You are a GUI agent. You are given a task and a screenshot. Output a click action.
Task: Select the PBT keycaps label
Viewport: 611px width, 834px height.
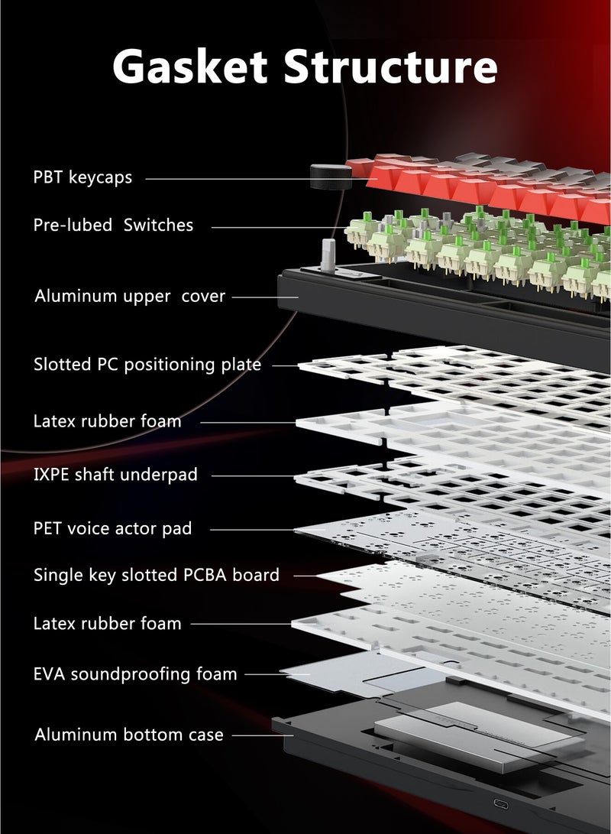[82, 177]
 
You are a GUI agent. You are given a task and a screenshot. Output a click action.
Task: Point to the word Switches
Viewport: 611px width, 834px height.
[158, 225]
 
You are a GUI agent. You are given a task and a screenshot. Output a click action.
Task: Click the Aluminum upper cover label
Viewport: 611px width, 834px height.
[130, 297]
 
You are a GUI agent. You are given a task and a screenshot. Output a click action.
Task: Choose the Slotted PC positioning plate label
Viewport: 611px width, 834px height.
[147, 365]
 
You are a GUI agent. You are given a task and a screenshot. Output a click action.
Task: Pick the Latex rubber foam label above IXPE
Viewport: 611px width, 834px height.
[108, 421]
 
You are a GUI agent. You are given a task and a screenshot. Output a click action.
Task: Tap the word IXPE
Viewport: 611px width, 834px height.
[51, 475]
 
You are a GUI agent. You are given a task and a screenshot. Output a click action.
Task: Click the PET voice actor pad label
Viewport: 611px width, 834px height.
[112, 529]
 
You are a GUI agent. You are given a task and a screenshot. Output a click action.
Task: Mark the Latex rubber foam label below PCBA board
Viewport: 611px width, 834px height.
[108, 623]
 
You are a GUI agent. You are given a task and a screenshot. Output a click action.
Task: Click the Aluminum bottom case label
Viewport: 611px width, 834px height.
[129, 735]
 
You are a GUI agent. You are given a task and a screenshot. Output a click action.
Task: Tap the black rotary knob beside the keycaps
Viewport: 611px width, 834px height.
[331, 177]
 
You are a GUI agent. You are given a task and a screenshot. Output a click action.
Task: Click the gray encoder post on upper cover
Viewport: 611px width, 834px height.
[328, 256]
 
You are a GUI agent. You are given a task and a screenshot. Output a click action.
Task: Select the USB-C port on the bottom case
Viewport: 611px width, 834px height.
[501, 803]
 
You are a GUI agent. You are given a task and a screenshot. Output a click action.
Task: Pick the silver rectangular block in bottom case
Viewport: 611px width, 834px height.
[472, 735]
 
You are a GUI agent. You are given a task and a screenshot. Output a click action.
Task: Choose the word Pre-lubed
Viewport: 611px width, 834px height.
[73, 225]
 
